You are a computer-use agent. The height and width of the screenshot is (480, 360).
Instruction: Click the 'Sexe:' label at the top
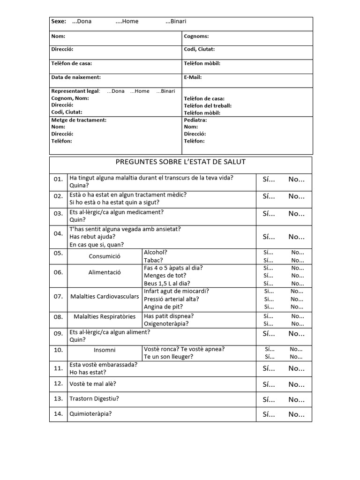59,22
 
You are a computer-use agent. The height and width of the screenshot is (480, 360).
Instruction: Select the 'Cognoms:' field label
196,36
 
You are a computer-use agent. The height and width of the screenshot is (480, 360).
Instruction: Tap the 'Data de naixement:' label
76,77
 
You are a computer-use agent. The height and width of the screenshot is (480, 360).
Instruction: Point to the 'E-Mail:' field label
193,77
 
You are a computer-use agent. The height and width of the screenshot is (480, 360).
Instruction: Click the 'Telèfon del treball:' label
208,105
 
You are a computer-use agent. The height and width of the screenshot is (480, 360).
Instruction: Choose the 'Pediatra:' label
195,120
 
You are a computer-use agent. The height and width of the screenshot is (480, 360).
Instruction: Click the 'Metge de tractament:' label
79,120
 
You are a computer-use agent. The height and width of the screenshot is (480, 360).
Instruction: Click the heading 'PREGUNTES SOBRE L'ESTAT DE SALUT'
180,162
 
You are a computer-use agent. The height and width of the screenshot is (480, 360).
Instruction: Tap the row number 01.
58,180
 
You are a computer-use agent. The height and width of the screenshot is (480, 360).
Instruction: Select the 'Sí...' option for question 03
269,214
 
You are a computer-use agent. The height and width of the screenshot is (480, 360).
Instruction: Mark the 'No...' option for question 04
296,237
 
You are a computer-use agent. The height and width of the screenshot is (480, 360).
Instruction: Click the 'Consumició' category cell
105,256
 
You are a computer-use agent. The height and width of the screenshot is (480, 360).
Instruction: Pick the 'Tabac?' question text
153,260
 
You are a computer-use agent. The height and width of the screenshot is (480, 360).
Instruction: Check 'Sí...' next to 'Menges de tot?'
269,276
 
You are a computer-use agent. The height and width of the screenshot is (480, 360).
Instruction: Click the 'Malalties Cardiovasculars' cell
105,297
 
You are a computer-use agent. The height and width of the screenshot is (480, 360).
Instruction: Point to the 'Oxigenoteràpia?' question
166,323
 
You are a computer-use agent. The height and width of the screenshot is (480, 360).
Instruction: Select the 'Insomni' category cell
105,350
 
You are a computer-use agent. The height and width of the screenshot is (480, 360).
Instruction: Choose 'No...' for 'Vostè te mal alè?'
296,384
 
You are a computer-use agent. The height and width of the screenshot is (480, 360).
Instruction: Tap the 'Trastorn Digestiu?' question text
94,399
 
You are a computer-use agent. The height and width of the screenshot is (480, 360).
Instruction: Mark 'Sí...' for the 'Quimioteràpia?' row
269,414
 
